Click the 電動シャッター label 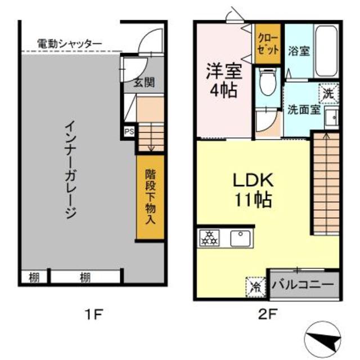click(x=69, y=43)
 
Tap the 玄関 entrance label click(x=144, y=83)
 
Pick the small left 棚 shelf click(x=34, y=277)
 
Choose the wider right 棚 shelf click(x=85, y=277)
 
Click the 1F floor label click(x=93, y=313)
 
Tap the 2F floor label click(x=267, y=313)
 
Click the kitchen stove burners click(x=209, y=238)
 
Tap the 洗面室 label click(x=304, y=109)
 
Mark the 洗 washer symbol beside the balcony click(x=256, y=286)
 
